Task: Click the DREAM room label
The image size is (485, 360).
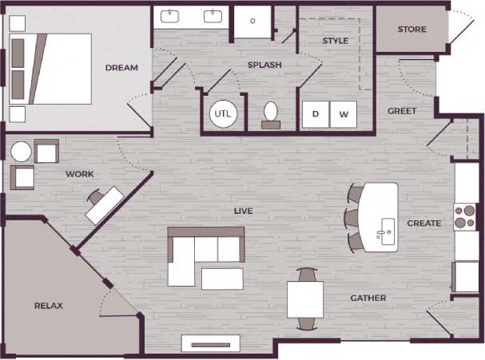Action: point(121,68)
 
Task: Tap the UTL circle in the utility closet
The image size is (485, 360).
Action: point(222,113)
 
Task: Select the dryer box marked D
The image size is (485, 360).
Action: point(316,114)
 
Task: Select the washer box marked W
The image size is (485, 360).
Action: point(344,114)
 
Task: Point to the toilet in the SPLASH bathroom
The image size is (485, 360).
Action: point(271,113)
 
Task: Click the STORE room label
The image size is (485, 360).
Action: point(411,30)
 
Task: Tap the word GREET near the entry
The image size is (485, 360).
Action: point(401,111)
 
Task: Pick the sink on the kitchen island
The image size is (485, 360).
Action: point(386,229)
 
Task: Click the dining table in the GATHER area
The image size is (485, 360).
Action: point(305,299)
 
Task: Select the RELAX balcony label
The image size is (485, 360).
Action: point(48,306)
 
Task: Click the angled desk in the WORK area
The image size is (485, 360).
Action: point(105,204)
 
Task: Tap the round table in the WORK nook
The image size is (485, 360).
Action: point(22,152)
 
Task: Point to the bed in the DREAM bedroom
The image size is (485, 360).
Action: point(44,68)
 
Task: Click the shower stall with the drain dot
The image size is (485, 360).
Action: point(253,22)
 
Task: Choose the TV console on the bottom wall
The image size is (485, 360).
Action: point(212,343)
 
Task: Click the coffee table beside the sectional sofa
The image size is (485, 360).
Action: point(222,279)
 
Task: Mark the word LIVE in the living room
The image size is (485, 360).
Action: point(243,211)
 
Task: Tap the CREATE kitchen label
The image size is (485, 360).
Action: point(423,224)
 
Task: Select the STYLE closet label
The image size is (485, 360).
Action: point(335,41)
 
